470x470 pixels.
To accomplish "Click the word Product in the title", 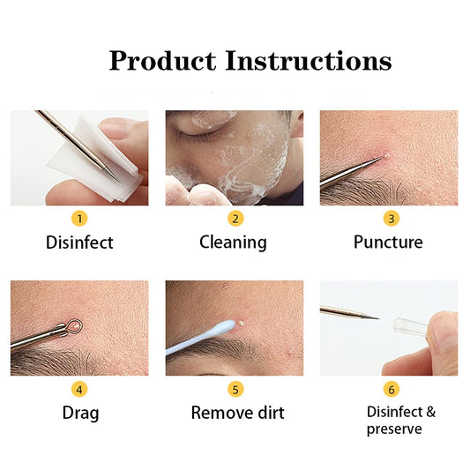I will tap(162, 61).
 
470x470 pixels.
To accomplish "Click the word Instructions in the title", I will tap(308, 61).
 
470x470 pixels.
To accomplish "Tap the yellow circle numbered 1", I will tap(79, 218).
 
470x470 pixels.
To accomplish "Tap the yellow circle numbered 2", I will tap(235, 218).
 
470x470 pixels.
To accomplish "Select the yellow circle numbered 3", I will tap(391, 218).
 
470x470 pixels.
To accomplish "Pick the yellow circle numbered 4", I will tap(79, 389).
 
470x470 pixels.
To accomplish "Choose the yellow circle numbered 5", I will tap(235, 389).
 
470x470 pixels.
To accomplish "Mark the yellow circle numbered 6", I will tap(391, 389).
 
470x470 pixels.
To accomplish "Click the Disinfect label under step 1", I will tap(79, 242).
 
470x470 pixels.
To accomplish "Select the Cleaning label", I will tap(235, 242).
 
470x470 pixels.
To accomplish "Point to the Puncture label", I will tap(389, 242).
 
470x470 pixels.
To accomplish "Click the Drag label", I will tap(79, 413).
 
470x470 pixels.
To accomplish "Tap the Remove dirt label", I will tap(238, 413).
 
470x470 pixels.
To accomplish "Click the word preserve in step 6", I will tap(394, 429).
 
